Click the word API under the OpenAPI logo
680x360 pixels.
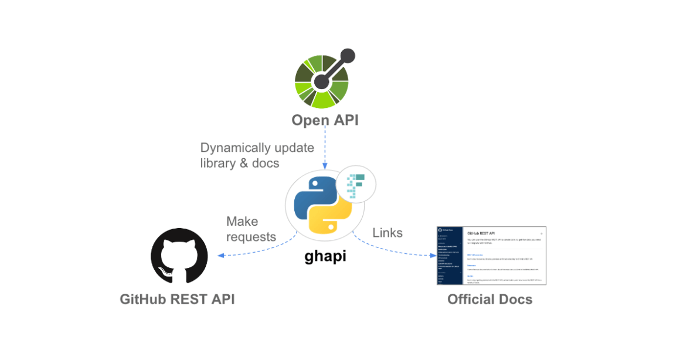345,121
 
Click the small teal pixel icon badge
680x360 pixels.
356,183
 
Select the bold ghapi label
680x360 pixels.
325,257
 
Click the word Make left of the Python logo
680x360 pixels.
242,222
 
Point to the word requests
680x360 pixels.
251,237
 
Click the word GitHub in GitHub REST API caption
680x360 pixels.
143,300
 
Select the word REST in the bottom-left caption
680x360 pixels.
191,300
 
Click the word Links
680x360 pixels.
387,233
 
